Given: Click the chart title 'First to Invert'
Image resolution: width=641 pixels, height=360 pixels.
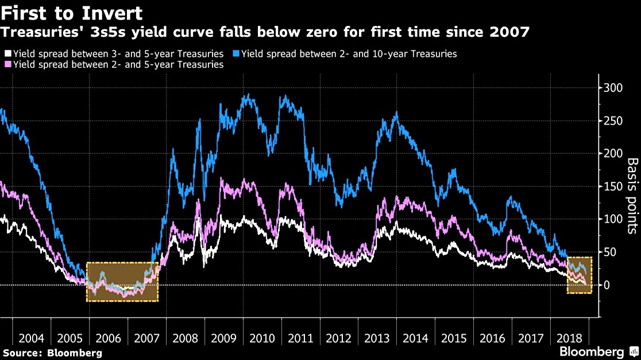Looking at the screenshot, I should (x=72, y=13).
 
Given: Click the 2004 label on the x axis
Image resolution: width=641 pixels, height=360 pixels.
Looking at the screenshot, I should (x=31, y=336).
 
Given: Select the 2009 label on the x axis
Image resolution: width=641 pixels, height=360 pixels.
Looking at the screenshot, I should (x=223, y=336).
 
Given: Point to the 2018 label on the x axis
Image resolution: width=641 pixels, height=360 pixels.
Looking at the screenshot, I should (x=569, y=336).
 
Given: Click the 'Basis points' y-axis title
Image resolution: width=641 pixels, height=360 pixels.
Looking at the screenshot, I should (x=631, y=196).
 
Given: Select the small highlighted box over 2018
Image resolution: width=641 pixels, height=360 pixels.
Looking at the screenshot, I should (x=579, y=275).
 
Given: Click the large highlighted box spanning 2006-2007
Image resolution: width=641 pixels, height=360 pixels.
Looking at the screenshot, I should (x=122, y=281).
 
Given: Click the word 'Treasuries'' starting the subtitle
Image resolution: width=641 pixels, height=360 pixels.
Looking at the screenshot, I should (x=38, y=32).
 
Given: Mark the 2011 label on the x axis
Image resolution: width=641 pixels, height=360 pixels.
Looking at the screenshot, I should (x=300, y=336).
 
